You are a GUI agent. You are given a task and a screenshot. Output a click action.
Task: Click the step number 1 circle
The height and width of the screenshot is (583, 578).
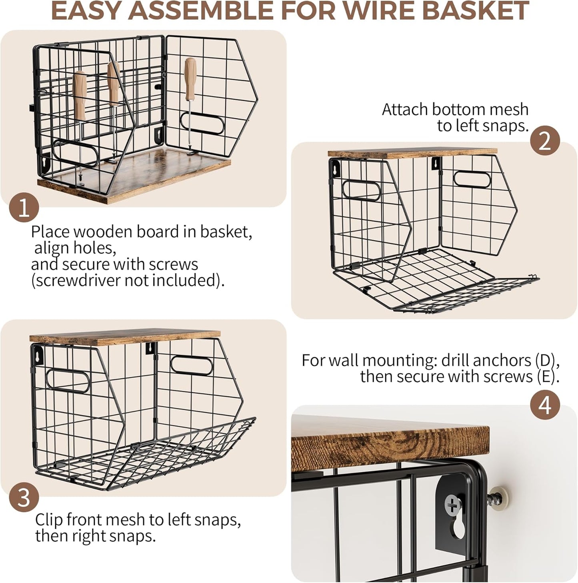pos(24,208)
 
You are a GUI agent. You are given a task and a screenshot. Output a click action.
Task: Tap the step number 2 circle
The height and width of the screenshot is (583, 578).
pos(545,141)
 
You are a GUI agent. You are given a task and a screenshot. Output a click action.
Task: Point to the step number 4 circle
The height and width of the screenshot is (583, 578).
pos(545,405)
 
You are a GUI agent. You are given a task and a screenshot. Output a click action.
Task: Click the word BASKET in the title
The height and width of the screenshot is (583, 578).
pos(475,10)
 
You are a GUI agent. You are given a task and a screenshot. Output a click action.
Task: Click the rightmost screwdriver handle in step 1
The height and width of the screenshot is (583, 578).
pos(191,79)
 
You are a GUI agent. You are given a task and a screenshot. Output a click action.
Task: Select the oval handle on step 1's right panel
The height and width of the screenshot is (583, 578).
pos(202,124)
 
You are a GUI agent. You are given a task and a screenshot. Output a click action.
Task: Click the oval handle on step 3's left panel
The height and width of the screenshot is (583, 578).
pos(68,381)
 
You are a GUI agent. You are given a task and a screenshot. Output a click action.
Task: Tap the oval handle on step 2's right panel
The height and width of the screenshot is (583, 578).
pos(472,180)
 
